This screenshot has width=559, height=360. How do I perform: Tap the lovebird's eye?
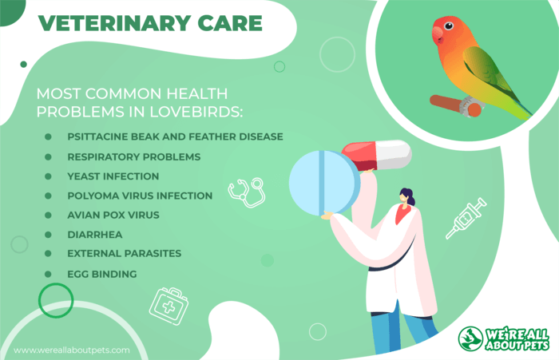coord(449,26)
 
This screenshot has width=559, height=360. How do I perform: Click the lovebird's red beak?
coord(437,35)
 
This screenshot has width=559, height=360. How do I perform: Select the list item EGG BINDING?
coord(102,274)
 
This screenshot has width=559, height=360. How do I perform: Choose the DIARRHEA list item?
coord(95,235)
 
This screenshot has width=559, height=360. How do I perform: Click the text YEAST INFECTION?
coord(113,176)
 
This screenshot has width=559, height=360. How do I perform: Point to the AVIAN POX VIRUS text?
coord(113,215)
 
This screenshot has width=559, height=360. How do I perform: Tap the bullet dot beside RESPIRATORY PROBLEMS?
coord(48,156)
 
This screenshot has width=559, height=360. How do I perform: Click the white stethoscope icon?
coord(247,192)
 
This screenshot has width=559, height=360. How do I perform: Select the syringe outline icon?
coord(466,218)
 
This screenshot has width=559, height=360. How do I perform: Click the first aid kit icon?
coord(168,306)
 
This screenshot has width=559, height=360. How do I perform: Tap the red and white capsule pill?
coord(376,156)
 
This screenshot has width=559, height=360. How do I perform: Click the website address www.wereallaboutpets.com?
coord(72,350)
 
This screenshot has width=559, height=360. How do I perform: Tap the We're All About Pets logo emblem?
coord(470,338)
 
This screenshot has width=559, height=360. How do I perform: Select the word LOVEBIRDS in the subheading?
coord(196,112)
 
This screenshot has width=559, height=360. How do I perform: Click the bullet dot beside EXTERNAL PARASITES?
coord(48,253)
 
